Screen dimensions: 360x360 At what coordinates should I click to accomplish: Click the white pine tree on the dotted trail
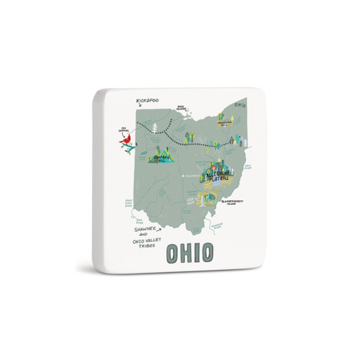click(156, 129)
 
